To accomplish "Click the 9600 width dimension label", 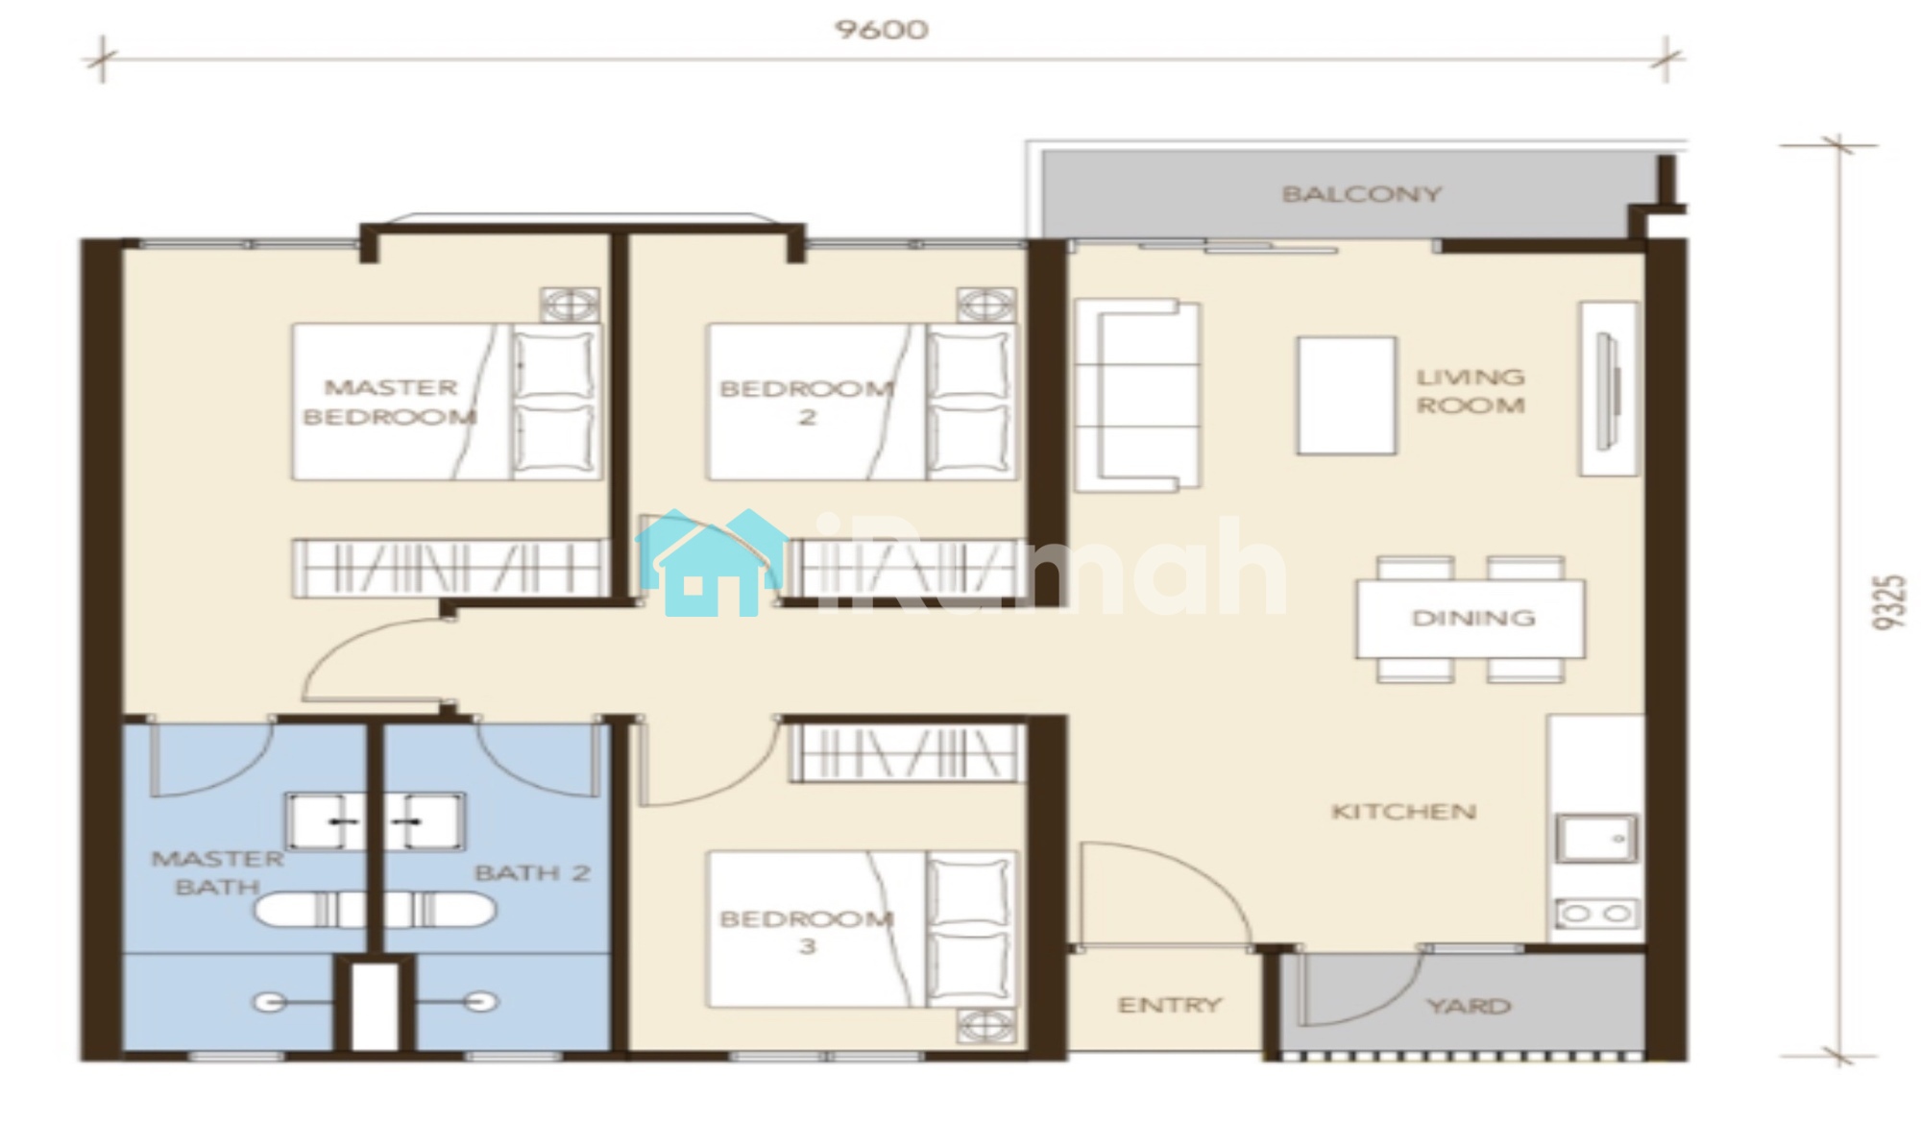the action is pyautogui.click(x=882, y=30).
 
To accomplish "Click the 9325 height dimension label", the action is pyautogui.click(x=1888, y=602).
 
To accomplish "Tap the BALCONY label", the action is pyautogui.click(x=1362, y=194).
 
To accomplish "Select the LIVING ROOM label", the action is pyautogui.click(x=1471, y=391).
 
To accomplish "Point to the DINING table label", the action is pyautogui.click(x=1472, y=618).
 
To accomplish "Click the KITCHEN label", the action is pyautogui.click(x=1403, y=812).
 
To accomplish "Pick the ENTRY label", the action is pyautogui.click(x=1169, y=1005).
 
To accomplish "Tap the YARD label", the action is pyautogui.click(x=1470, y=1006).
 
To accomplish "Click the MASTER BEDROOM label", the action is pyautogui.click(x=389, y=403).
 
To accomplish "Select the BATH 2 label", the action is pyautogui.click(x=532, y=873).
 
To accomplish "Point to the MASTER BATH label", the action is pyautogui.click(x=218, y=872).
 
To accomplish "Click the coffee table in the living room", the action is pyautogui.click(x=1347, y=395).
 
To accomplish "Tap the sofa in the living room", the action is pyautogui.click(x=1136, y=396).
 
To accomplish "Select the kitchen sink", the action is pyautogui.click(x=1596, y=839).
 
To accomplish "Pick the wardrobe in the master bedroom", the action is pyautogui.click(x=450, y=568).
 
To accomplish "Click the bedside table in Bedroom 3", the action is pyautogui.click(x=985, y=1025).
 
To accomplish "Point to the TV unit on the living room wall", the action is pyautogui.click(x=1609, y=388).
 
